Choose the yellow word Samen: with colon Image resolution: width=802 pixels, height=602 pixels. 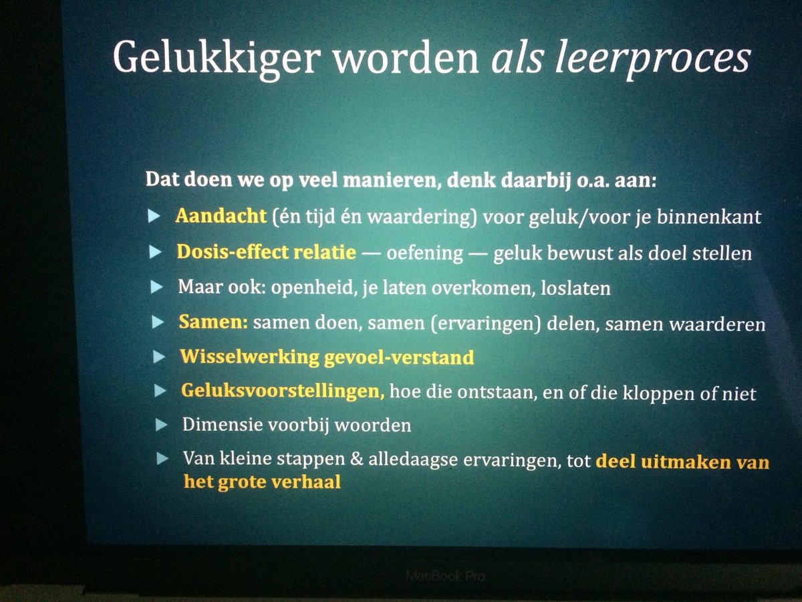click(213, 322)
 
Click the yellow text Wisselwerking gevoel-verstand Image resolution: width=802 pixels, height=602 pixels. click(327, 357)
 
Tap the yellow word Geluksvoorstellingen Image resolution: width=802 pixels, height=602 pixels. click(282, 392)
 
